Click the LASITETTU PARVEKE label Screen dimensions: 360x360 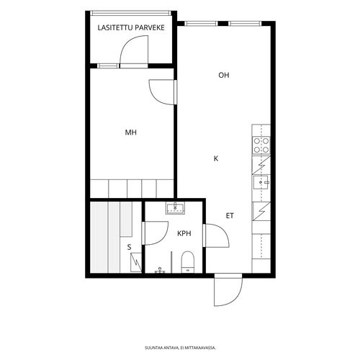coord(131,27)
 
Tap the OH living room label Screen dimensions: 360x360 coord(224,75)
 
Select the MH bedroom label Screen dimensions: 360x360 coord(131,132)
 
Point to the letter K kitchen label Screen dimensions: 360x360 coord(216,158)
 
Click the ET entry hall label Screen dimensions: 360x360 coord(230,216)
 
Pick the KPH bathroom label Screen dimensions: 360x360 coord(184,233)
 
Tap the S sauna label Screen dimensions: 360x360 coord(130,247)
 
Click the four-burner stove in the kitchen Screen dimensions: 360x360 coord(261,145)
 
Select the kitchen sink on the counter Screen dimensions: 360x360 coord(261,182)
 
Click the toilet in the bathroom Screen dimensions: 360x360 coord(187,262)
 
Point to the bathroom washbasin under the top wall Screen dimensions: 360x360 coord(175,208)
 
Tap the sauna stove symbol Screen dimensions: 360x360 coord(136,263)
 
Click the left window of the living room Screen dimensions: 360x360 coord(201,24)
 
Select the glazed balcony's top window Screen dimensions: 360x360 coord(131,13)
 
